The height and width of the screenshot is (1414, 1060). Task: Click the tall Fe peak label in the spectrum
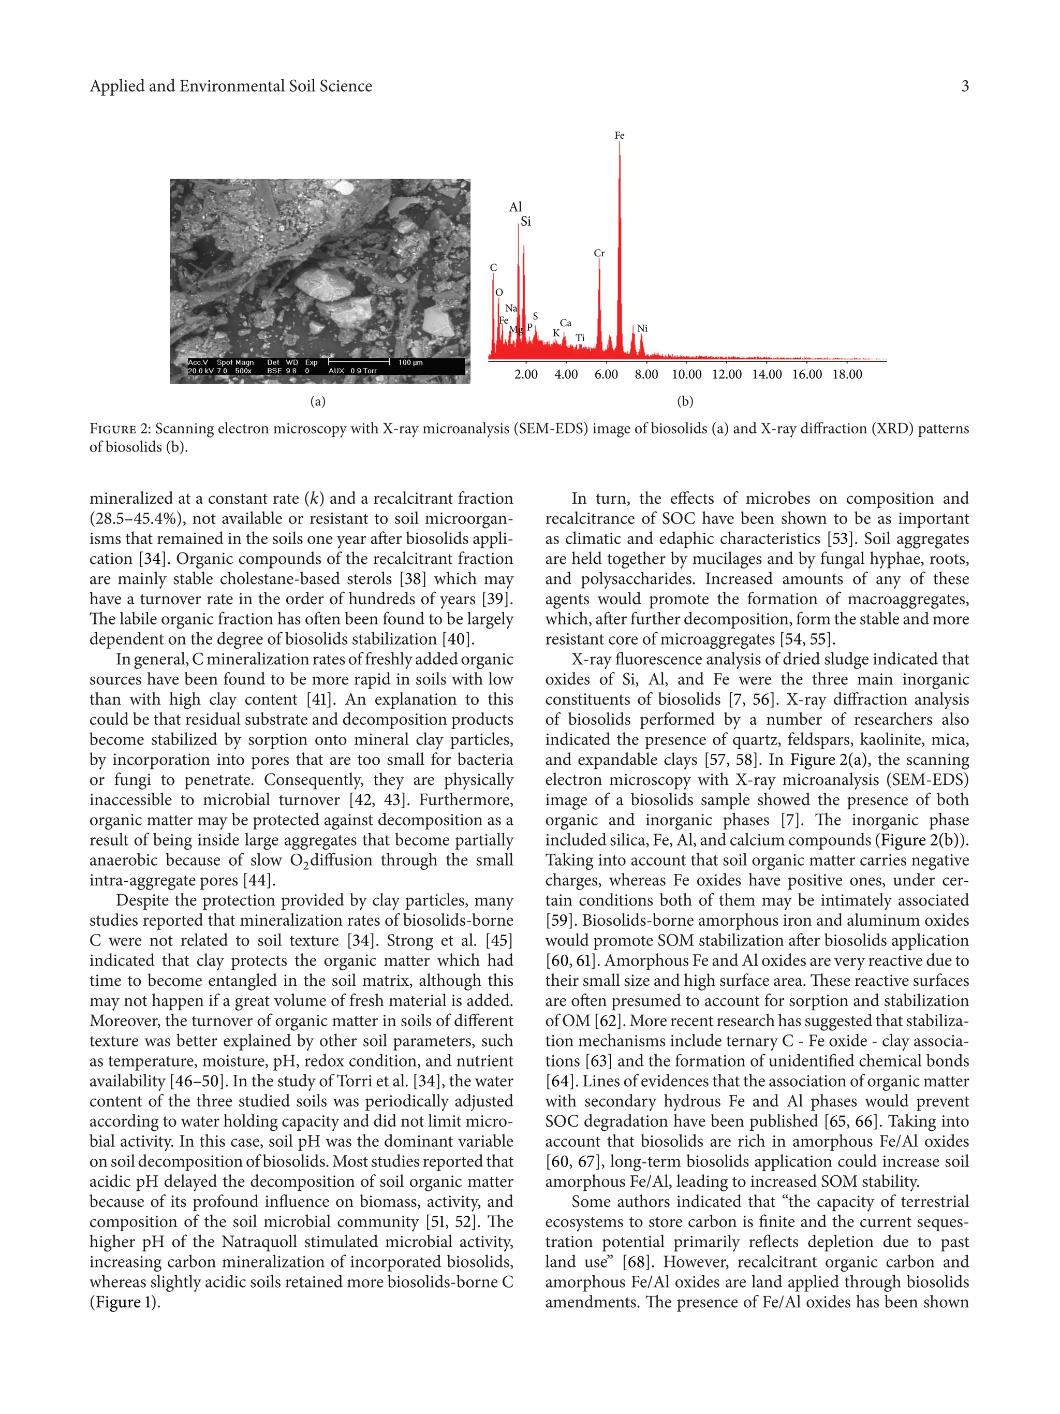619,136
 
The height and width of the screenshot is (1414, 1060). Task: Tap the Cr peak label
599,253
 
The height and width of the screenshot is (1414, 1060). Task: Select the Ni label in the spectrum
642,329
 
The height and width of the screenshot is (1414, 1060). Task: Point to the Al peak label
515,207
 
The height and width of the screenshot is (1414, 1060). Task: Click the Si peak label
525,222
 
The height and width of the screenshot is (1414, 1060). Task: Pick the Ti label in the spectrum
580,338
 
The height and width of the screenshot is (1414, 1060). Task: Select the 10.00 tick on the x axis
686,374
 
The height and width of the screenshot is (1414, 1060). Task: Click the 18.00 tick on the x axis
847,374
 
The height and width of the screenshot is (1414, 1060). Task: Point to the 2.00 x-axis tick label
526,374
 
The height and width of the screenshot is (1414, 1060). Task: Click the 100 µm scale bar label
410,362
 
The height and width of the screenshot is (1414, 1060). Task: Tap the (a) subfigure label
318,401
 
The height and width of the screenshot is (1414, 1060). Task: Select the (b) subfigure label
685,401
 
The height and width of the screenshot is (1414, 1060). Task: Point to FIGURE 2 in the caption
120,429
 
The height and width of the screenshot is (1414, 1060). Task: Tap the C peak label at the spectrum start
493,268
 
